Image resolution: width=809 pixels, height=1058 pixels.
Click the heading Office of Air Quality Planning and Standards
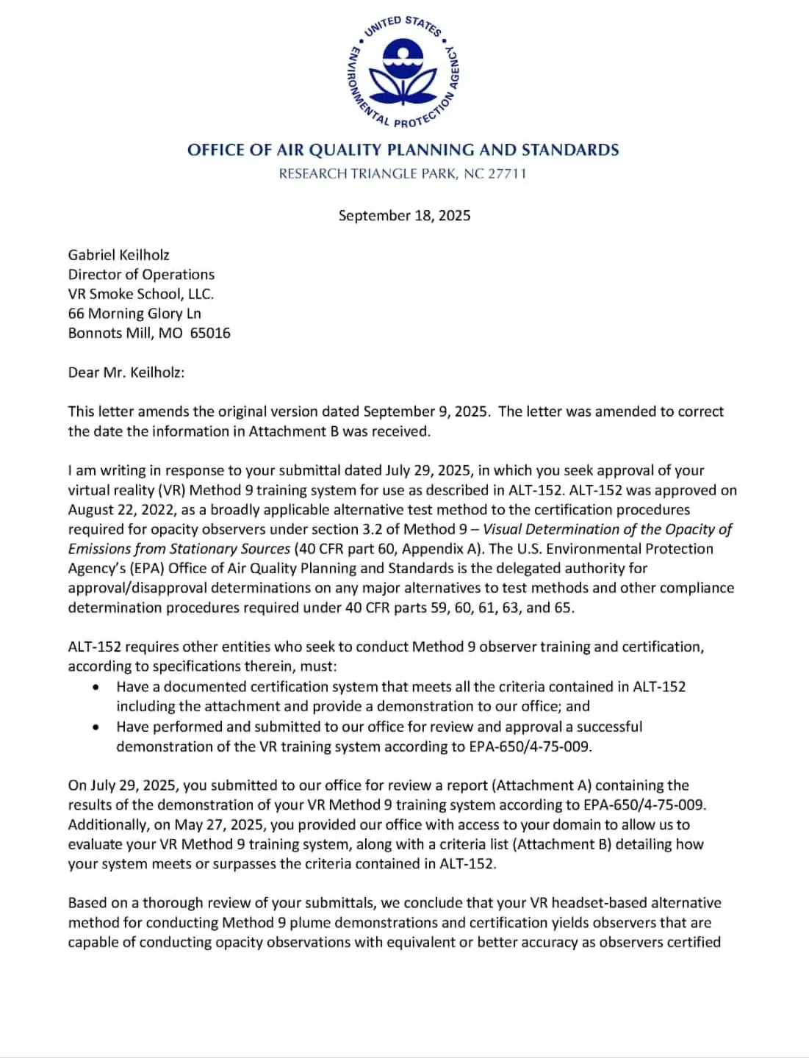(403, 150)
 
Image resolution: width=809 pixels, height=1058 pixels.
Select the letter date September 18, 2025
(404, 215)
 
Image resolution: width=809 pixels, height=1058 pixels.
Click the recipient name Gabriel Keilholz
(118, 255)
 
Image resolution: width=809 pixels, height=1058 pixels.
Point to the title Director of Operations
(141, 274)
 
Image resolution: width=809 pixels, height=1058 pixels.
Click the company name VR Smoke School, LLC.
(140, 294)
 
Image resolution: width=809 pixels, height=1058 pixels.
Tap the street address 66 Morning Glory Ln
(134, 313)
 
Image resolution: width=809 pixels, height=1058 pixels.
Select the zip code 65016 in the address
(210, 333)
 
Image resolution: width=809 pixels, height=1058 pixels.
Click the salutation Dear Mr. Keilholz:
(126, 372)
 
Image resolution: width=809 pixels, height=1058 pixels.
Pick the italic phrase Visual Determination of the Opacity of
(607, 529)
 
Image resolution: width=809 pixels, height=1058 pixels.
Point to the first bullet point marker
(96, 687)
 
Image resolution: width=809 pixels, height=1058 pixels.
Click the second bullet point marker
(96, 727)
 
